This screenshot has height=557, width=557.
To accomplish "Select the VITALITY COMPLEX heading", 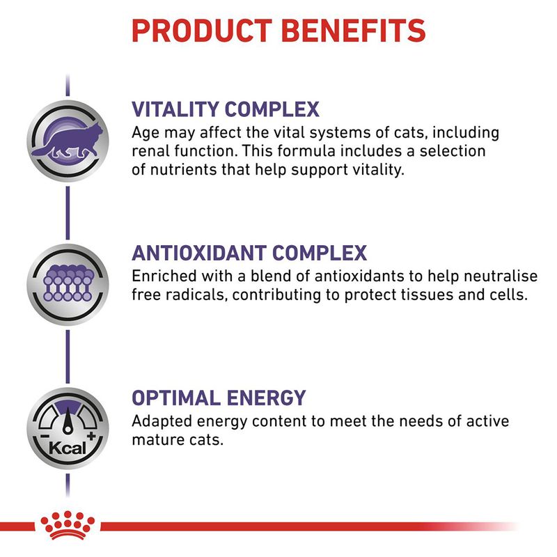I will tap(226, 109).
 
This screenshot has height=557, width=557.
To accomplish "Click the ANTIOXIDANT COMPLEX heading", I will tap(249, 253).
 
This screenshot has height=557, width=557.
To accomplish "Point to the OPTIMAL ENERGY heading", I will tap(219, 398).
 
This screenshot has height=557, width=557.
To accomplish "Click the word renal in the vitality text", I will tap(149, 152).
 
